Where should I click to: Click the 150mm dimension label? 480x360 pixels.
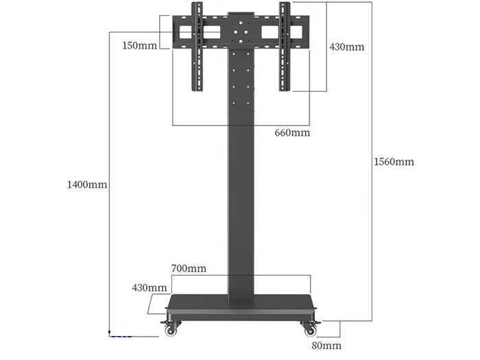[x=139, y=45]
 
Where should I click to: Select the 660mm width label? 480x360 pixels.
[x=292, y=132]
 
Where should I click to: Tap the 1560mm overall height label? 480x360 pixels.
[x=394, y=162]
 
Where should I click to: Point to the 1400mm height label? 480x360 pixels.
[x=86, y=184]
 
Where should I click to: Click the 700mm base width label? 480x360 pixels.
[x=188, y=268]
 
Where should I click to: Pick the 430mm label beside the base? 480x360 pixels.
[x=149, y=288]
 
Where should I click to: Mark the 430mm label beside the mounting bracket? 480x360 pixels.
[x=346, y=47]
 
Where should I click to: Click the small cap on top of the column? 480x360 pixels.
[x=241, y=12]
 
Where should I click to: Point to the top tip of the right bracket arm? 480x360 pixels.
[x=285, y=5]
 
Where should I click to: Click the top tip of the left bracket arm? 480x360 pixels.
[x=197, y=5]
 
